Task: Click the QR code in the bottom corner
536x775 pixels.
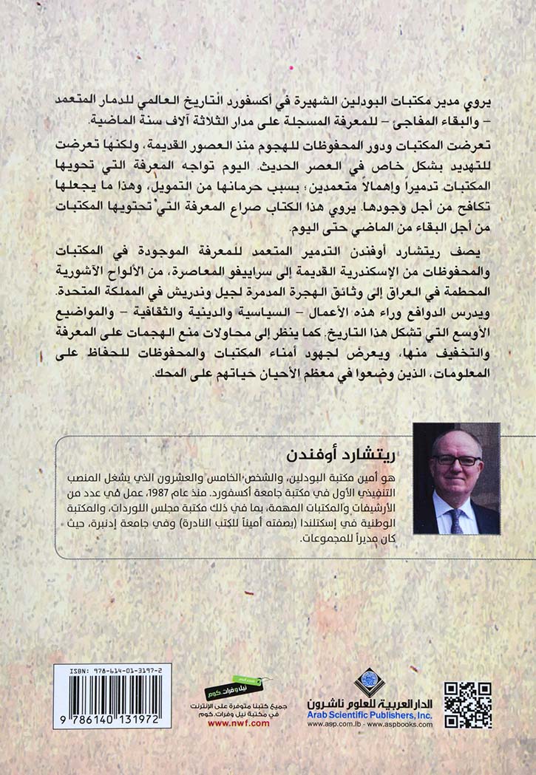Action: [x=468, y=705]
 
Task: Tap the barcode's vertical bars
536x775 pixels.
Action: [x=112, y=700]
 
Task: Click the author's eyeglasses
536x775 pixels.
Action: [x=456, y=460]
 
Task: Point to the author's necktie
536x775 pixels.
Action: [x=456, y=518]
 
